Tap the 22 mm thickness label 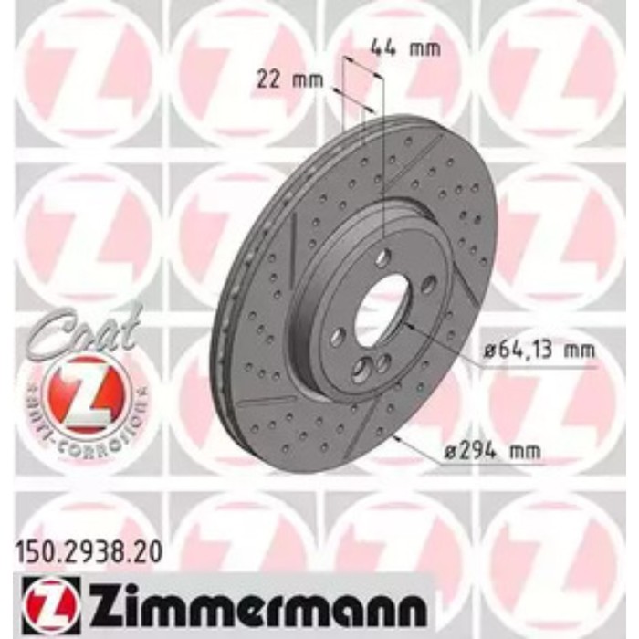[x=299, y=79]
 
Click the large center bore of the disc [x=381, y=309]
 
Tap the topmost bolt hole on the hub [x=382, y=257]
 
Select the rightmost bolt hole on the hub [x=428, y=285]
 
